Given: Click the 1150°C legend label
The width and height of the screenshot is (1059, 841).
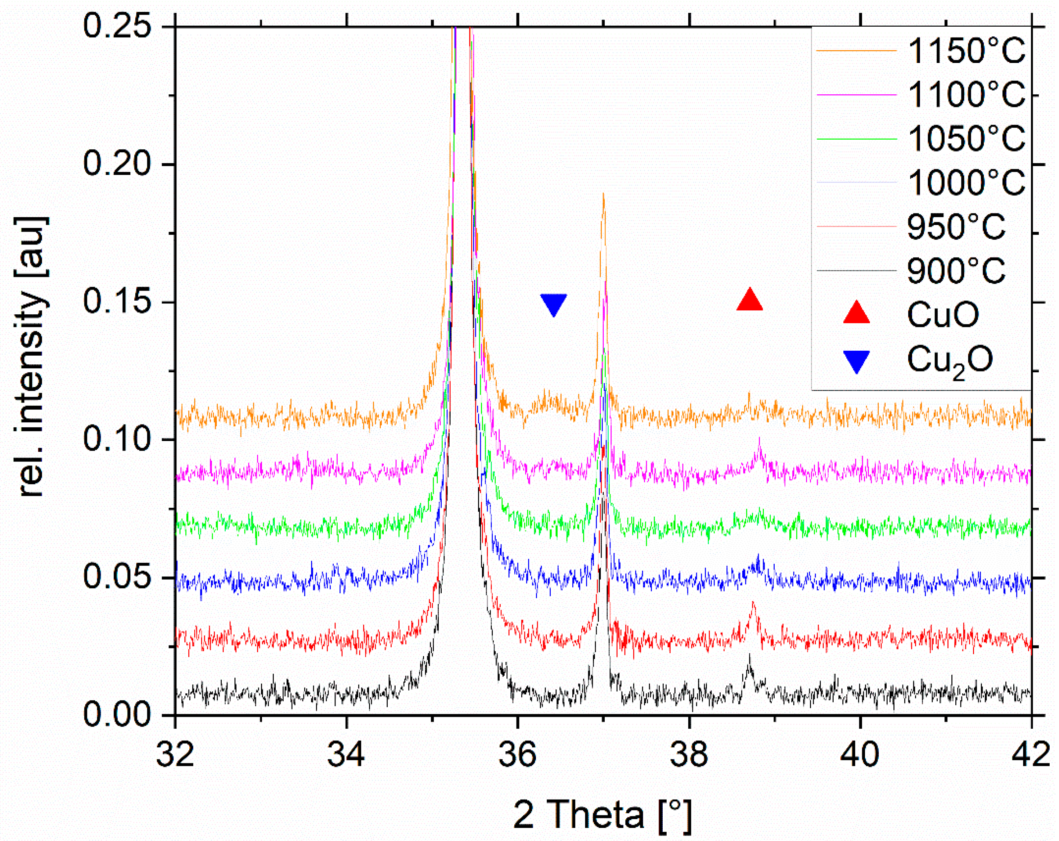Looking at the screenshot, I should pyautogui.click(x=966, y=51).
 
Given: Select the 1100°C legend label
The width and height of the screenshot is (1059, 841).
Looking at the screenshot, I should pyautogui.click(x=966, y=94).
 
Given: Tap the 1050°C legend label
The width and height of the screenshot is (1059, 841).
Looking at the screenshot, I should pyautogui.click(x=966, y=139).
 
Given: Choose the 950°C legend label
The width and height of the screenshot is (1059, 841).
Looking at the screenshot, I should pyautogui.click(x=956, y=226).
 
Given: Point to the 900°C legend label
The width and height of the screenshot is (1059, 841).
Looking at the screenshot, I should pyautogui.click(x=956, y=271).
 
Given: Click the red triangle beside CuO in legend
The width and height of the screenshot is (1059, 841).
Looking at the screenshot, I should pyautogui.click(x=856, y=313).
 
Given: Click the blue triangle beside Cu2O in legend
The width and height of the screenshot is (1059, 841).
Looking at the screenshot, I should pyautogui.click(x=856, y=361).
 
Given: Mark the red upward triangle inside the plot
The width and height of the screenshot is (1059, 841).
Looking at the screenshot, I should pyautogui.click(x=749, y=300).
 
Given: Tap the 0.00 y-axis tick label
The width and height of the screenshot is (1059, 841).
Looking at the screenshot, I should pyautogui.click(x=116, y=714).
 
